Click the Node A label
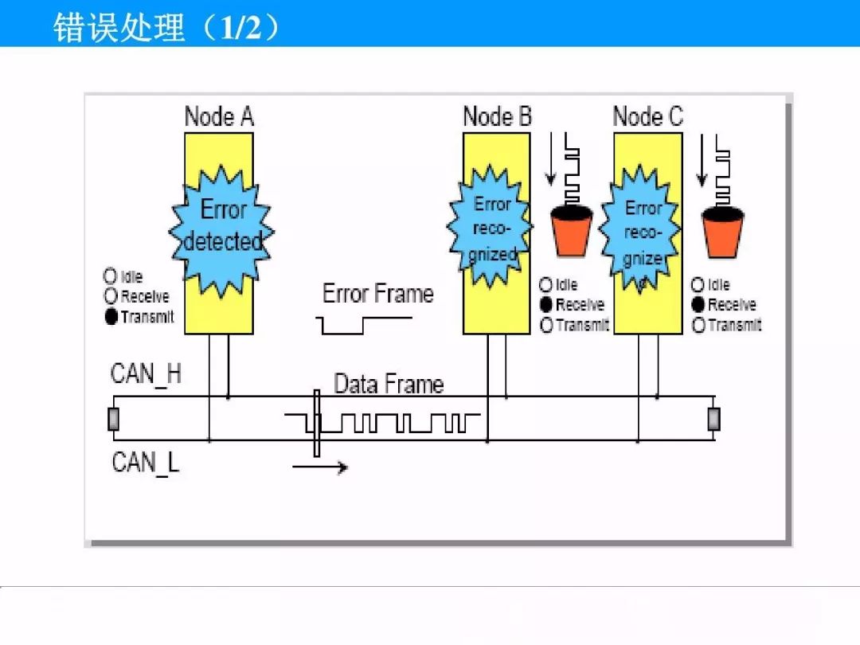(219, 116)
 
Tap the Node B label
(498, 116)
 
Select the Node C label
(647, 116)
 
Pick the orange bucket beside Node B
(572, 230)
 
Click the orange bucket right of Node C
(723, 232)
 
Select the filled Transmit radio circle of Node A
(111, 316)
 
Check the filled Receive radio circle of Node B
(546, 304)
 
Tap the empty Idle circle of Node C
(698, 284)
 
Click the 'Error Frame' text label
(378, 293)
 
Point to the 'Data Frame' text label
(389, 384)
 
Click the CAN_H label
(146, 374)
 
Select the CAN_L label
(146, 463)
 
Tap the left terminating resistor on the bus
(114, 419)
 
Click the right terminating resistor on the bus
(713, 419)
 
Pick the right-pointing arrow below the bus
(320, 467)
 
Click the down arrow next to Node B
(551, 158)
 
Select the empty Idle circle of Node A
(110, 276)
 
